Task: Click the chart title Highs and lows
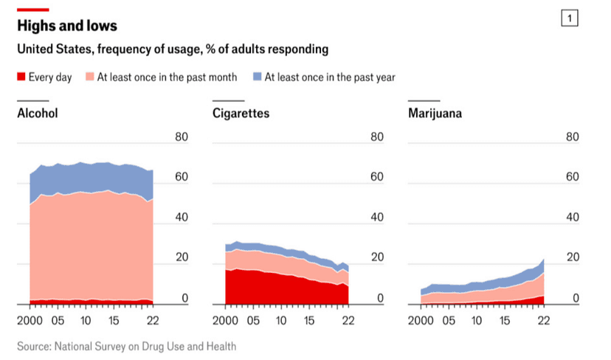[67, 26]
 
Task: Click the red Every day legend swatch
[21, 77]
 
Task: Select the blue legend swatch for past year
[258, 77]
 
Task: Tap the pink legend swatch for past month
[90, 77]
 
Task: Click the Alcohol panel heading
[38, 114]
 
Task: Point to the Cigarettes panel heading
[241, 114]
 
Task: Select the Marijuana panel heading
[435, 114]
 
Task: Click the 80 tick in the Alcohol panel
[182, 137]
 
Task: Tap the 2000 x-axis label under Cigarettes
[227, 322]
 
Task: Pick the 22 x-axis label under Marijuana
[545, 322]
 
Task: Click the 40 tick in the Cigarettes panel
[377, 218]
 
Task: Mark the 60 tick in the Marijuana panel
[573, 177]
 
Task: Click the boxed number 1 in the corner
[570, 18]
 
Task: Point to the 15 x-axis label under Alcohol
[113, 322]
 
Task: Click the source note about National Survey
[127, 345]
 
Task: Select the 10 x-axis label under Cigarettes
[280, 322]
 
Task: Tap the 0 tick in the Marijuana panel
[576, 298]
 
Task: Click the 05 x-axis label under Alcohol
[58, 322]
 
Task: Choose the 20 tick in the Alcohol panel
[182, 257]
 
